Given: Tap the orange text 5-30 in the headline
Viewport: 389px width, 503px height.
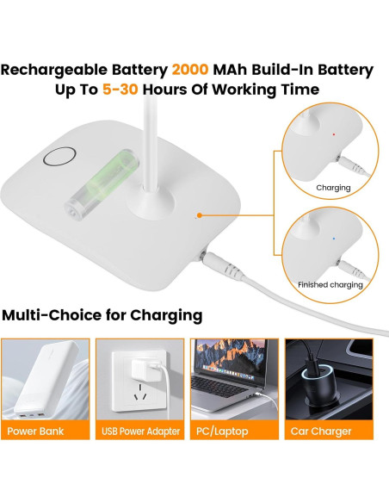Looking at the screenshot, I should pos(119,90).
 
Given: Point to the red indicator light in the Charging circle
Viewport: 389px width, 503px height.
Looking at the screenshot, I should pos(333,134).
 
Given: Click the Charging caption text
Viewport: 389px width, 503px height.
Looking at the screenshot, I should pos(333,188).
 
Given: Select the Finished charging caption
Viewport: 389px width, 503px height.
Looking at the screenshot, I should pos(330,285).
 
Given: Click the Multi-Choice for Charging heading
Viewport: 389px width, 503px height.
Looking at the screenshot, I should pos(102,315).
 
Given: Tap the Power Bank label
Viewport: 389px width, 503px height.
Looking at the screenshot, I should pos(41,431).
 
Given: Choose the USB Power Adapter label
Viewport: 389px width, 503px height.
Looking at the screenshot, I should pos(140,431).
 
